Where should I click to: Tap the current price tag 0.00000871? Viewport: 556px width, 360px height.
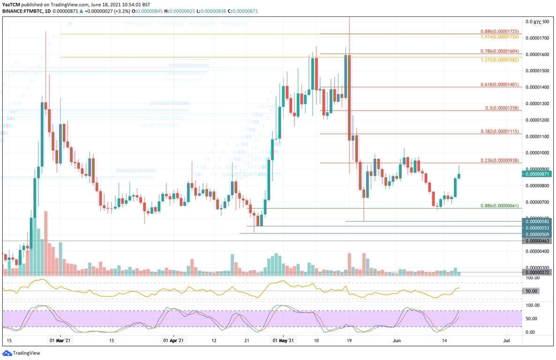coord(538,174)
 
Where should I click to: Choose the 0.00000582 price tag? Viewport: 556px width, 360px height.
coord(538,221)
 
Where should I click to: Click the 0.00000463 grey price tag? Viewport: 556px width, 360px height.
coord(538,241)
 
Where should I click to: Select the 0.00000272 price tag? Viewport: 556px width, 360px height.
coord(538,272)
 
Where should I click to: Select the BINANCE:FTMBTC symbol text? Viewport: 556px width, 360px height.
coord(21,11)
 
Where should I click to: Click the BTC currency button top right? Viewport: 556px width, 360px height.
coord(537,22)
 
